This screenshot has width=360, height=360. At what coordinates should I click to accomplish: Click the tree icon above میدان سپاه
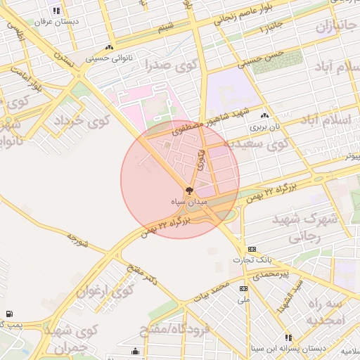pyautogui.click(x=188, y=191)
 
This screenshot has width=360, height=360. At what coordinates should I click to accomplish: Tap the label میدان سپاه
pyautogui.click(x=188, y=201)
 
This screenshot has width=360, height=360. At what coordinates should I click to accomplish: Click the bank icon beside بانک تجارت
pyautogui.click(x=252, y=250)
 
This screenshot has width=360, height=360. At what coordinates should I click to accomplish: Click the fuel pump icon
pyautogui.click(x=8, y=314)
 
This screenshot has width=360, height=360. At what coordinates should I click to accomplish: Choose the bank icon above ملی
pyautogui.click(x=244, y=288)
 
